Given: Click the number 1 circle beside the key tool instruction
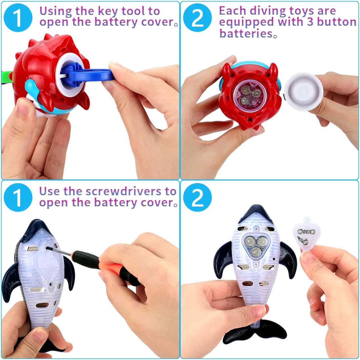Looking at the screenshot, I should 18,18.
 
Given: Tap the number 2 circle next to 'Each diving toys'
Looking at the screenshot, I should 197,18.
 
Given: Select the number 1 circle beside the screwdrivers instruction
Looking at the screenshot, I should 18,197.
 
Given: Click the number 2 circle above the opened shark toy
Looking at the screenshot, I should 197,197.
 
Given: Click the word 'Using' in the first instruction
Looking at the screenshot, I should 54,11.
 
